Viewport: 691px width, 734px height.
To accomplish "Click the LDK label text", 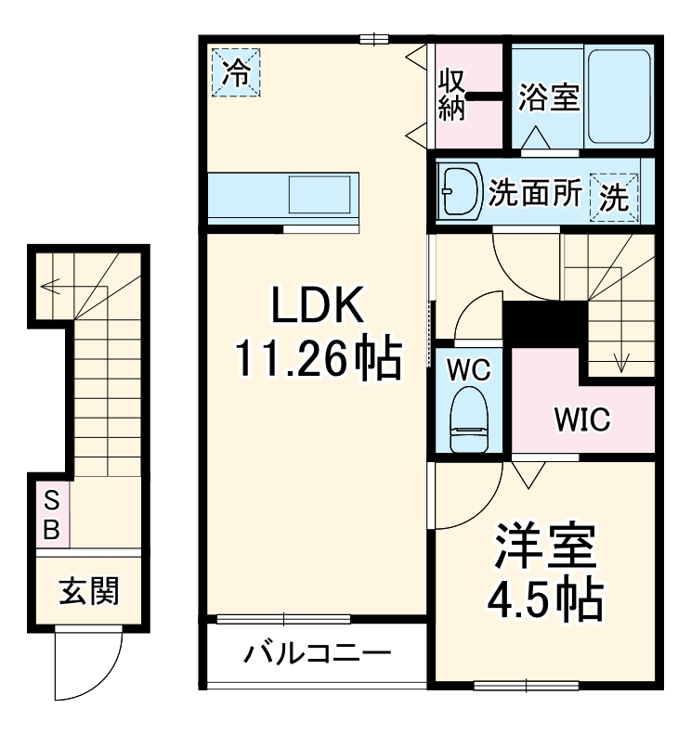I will coord(316,304).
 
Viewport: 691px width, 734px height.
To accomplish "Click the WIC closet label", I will coord(582,420).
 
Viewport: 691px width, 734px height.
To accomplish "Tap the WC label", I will coord(468,368).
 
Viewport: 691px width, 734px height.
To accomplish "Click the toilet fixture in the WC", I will coord(469,418).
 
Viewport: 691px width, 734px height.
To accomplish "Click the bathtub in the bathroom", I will coord(620,95).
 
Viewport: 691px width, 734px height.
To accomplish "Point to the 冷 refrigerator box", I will coord(238,72).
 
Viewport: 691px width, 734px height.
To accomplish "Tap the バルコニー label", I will coord(317,655).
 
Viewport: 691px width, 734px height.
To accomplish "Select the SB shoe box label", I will coord(52,515).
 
